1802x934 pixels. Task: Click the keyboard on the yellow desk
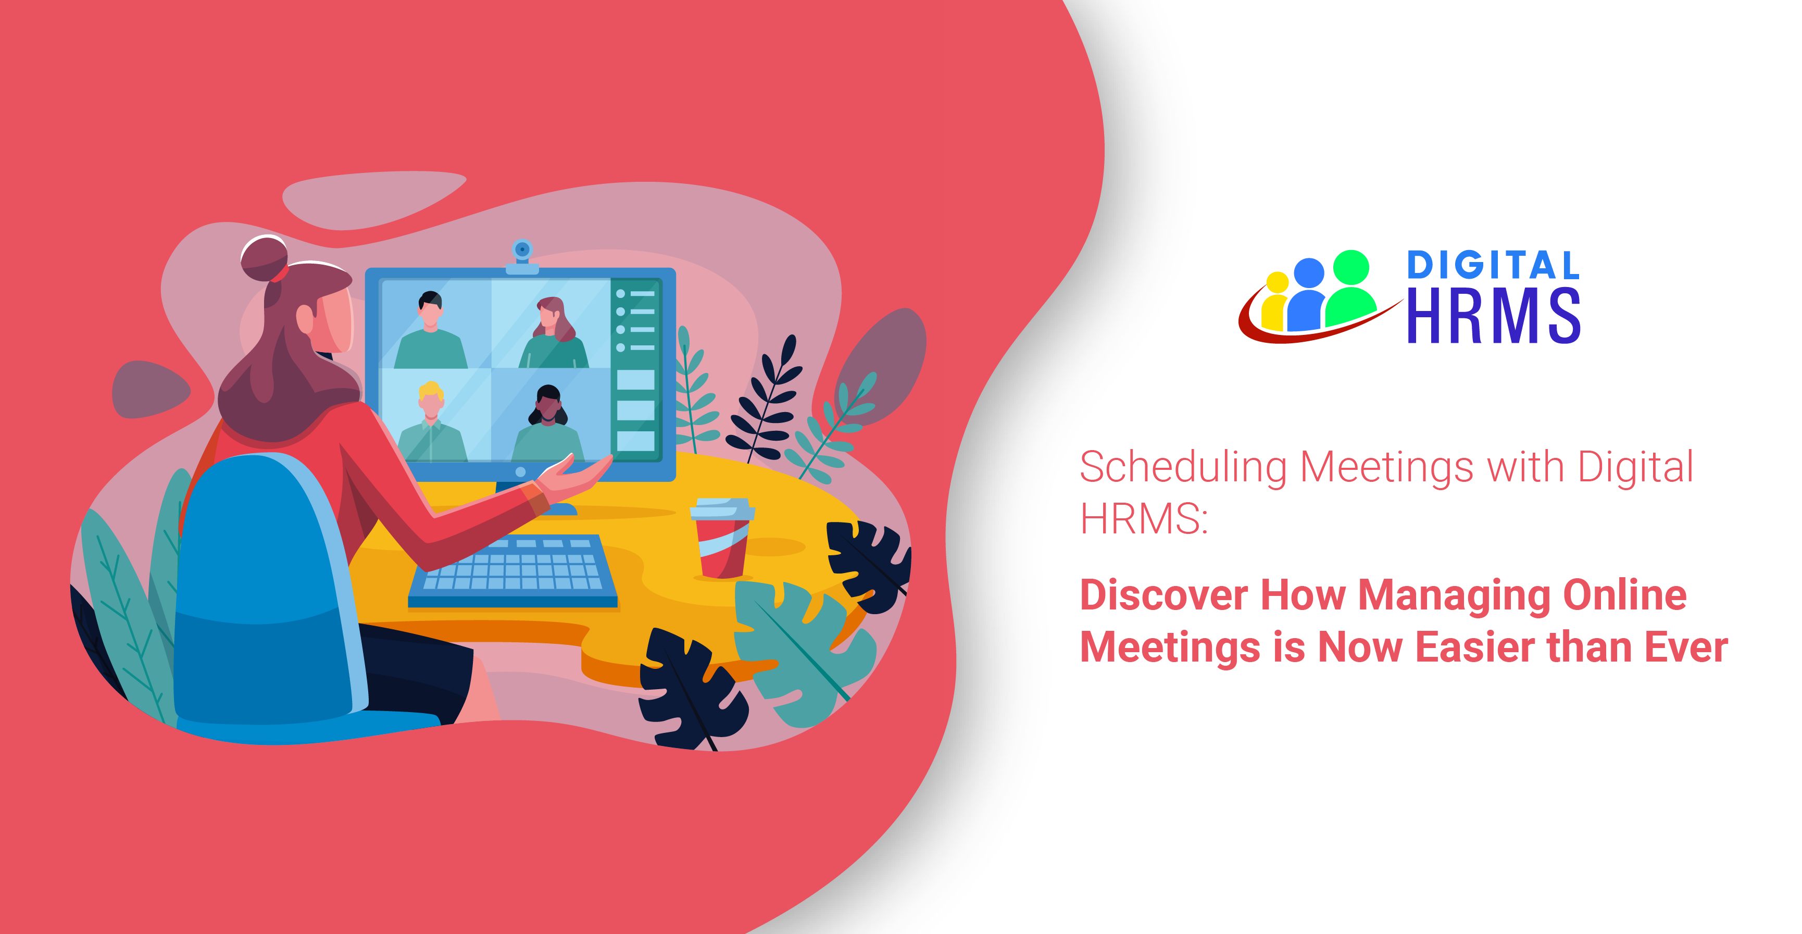pyautogui.click(x=514, y=570)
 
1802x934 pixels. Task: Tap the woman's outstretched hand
pyautogui.click(x=573, y=476)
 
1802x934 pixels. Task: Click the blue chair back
pyautogui.click(x=269, y=595)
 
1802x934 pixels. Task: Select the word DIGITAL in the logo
pyautogui.click(x=1494, y=265)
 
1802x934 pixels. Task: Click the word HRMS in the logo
pyautogui.click(x=1494, y=316)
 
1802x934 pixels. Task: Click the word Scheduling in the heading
pyautogui.click(x=1184, y=467)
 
